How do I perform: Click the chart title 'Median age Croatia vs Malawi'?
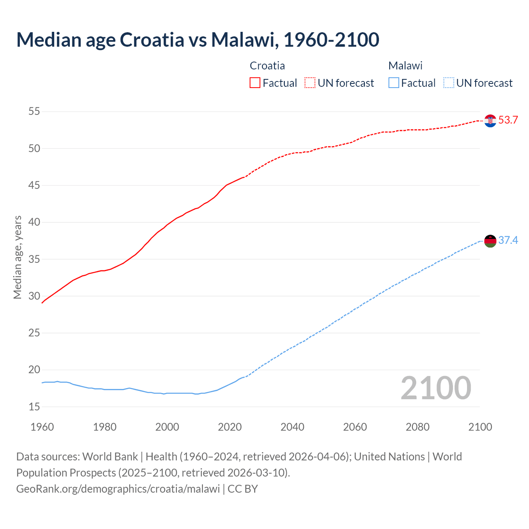click(x=198, y=40)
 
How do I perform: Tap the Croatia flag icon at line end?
click(x=490, y=121)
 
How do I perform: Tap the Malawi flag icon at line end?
click(x=490, y=241)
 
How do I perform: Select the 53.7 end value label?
click(x=508, y=120)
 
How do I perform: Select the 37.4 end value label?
click(x=508, y=240)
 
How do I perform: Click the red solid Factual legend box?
click(x=255, y=83)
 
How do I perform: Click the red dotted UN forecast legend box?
click(x=310, y=83)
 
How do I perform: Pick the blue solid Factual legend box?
click(x=394, y=83)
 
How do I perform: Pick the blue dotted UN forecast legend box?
click(x=448, y=83)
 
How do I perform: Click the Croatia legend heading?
click(x=267, y=66)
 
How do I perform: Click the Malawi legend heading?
click(x=405, y=66)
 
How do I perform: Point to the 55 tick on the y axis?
click(x=34, y=112)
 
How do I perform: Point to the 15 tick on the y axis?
click(x=34, y=407)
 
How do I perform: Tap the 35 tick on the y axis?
click(x=34, y=259)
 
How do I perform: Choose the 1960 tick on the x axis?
click(x=42, y=427)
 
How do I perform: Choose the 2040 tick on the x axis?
click(x=292, y=427)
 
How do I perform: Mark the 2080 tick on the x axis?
click(x=417, y=427)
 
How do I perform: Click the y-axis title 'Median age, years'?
click(x=17, y=257)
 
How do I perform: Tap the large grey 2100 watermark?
click(x=436, y=388)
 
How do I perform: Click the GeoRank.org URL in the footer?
click(x=118, y=489)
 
